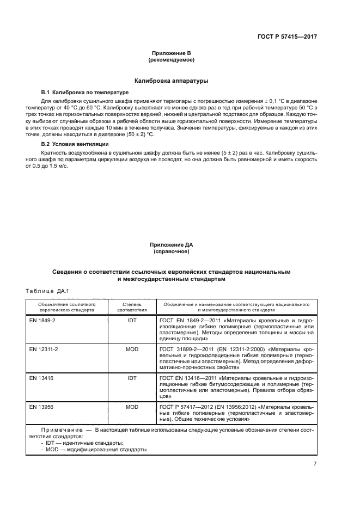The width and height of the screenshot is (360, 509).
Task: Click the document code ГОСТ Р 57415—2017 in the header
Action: tap(287, 37)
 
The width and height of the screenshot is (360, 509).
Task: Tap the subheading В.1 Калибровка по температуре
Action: tap(84, 93)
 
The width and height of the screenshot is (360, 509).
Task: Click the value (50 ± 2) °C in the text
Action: tap(139, 134)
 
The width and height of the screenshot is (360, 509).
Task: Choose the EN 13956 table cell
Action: tap(40, 407)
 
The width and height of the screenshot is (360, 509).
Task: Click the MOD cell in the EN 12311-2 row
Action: tap(132, 348)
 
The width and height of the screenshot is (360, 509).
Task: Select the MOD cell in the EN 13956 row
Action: tap(132, 407)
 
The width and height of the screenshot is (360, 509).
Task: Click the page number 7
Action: tap(315, 463)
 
